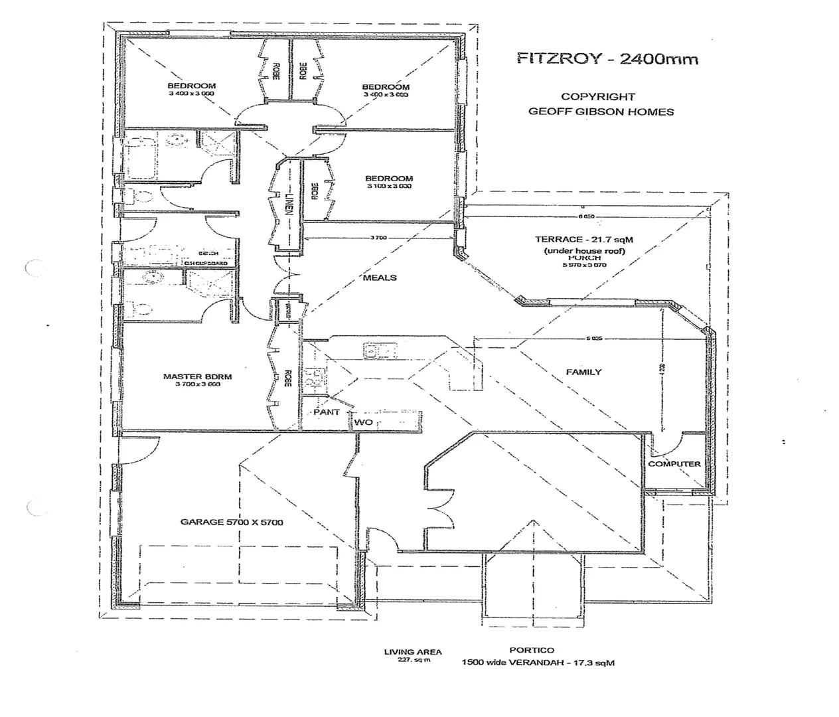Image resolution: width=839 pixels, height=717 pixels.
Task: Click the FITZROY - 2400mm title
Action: pos(607,58)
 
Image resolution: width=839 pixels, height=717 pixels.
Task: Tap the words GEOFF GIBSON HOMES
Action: pos(601,112)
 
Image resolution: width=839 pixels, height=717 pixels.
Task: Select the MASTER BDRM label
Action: pos(197,376)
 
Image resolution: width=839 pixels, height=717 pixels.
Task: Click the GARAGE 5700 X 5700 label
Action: pos(232,522)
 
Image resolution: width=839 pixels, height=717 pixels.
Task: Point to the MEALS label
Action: pos(380,277)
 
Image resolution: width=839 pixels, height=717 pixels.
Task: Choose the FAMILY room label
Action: pos(583,372)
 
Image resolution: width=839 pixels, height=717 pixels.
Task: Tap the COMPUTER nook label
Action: pos(674,463)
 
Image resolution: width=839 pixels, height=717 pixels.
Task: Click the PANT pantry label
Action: pos(327,412)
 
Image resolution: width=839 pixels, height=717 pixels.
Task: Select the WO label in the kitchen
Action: pos(363,422)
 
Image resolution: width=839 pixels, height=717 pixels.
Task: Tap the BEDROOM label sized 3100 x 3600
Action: pos(388,178)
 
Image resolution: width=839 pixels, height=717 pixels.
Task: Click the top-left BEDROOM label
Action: pos(191,86)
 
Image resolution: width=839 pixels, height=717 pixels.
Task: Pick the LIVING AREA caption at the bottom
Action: pos(412,652)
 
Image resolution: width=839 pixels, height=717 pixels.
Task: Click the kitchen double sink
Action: pos(379,350)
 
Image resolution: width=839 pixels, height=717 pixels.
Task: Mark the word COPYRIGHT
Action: pos(597,97)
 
